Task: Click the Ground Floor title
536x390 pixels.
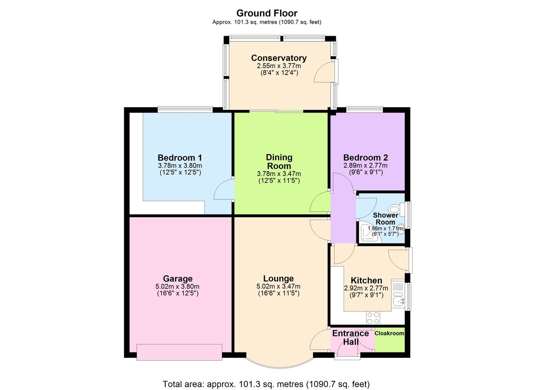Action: pos(267,13)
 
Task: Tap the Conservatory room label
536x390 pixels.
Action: pos(279,58)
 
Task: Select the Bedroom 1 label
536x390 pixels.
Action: pos(180,158)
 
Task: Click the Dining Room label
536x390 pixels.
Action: pos(279,161)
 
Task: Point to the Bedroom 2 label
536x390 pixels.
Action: pos(365,158)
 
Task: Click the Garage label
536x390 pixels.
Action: pos(177,279)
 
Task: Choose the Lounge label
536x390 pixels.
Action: pos(278,279)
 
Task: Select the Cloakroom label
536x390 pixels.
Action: pos(389,334)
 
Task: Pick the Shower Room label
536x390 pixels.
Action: pos(385,219)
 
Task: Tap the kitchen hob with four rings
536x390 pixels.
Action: pos(373,318)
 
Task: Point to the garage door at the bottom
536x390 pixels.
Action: pos(179,352)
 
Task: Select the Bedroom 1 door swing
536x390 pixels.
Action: pos(223,190)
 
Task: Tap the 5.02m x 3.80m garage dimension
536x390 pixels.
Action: pos(177,287)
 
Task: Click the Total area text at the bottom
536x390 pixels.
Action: pos(267,383)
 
